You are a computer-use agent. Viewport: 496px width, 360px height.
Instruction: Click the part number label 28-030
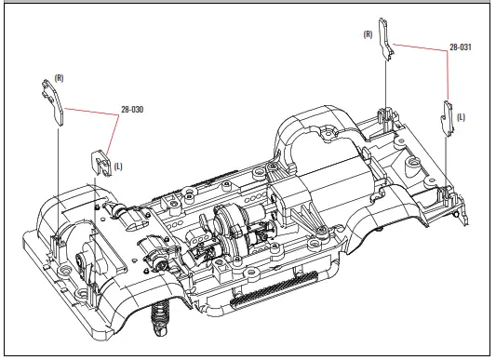click(132, 110)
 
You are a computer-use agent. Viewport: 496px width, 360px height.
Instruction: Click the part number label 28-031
click(461, 47)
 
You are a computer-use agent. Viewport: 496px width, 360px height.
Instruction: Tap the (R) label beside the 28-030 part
click(59, 78)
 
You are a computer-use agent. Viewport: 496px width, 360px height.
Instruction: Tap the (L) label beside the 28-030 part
click(118, 167)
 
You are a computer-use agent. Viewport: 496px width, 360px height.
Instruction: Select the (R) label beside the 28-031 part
click(368, 34)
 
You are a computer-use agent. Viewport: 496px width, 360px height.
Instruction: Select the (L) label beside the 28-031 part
click(462, 117)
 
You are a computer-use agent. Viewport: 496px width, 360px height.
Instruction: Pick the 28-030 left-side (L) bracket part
click(101, 163)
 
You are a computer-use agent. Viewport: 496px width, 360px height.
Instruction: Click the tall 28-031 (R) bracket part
click(386, 38)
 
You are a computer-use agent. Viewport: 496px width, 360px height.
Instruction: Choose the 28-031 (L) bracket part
click(448, 119)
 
